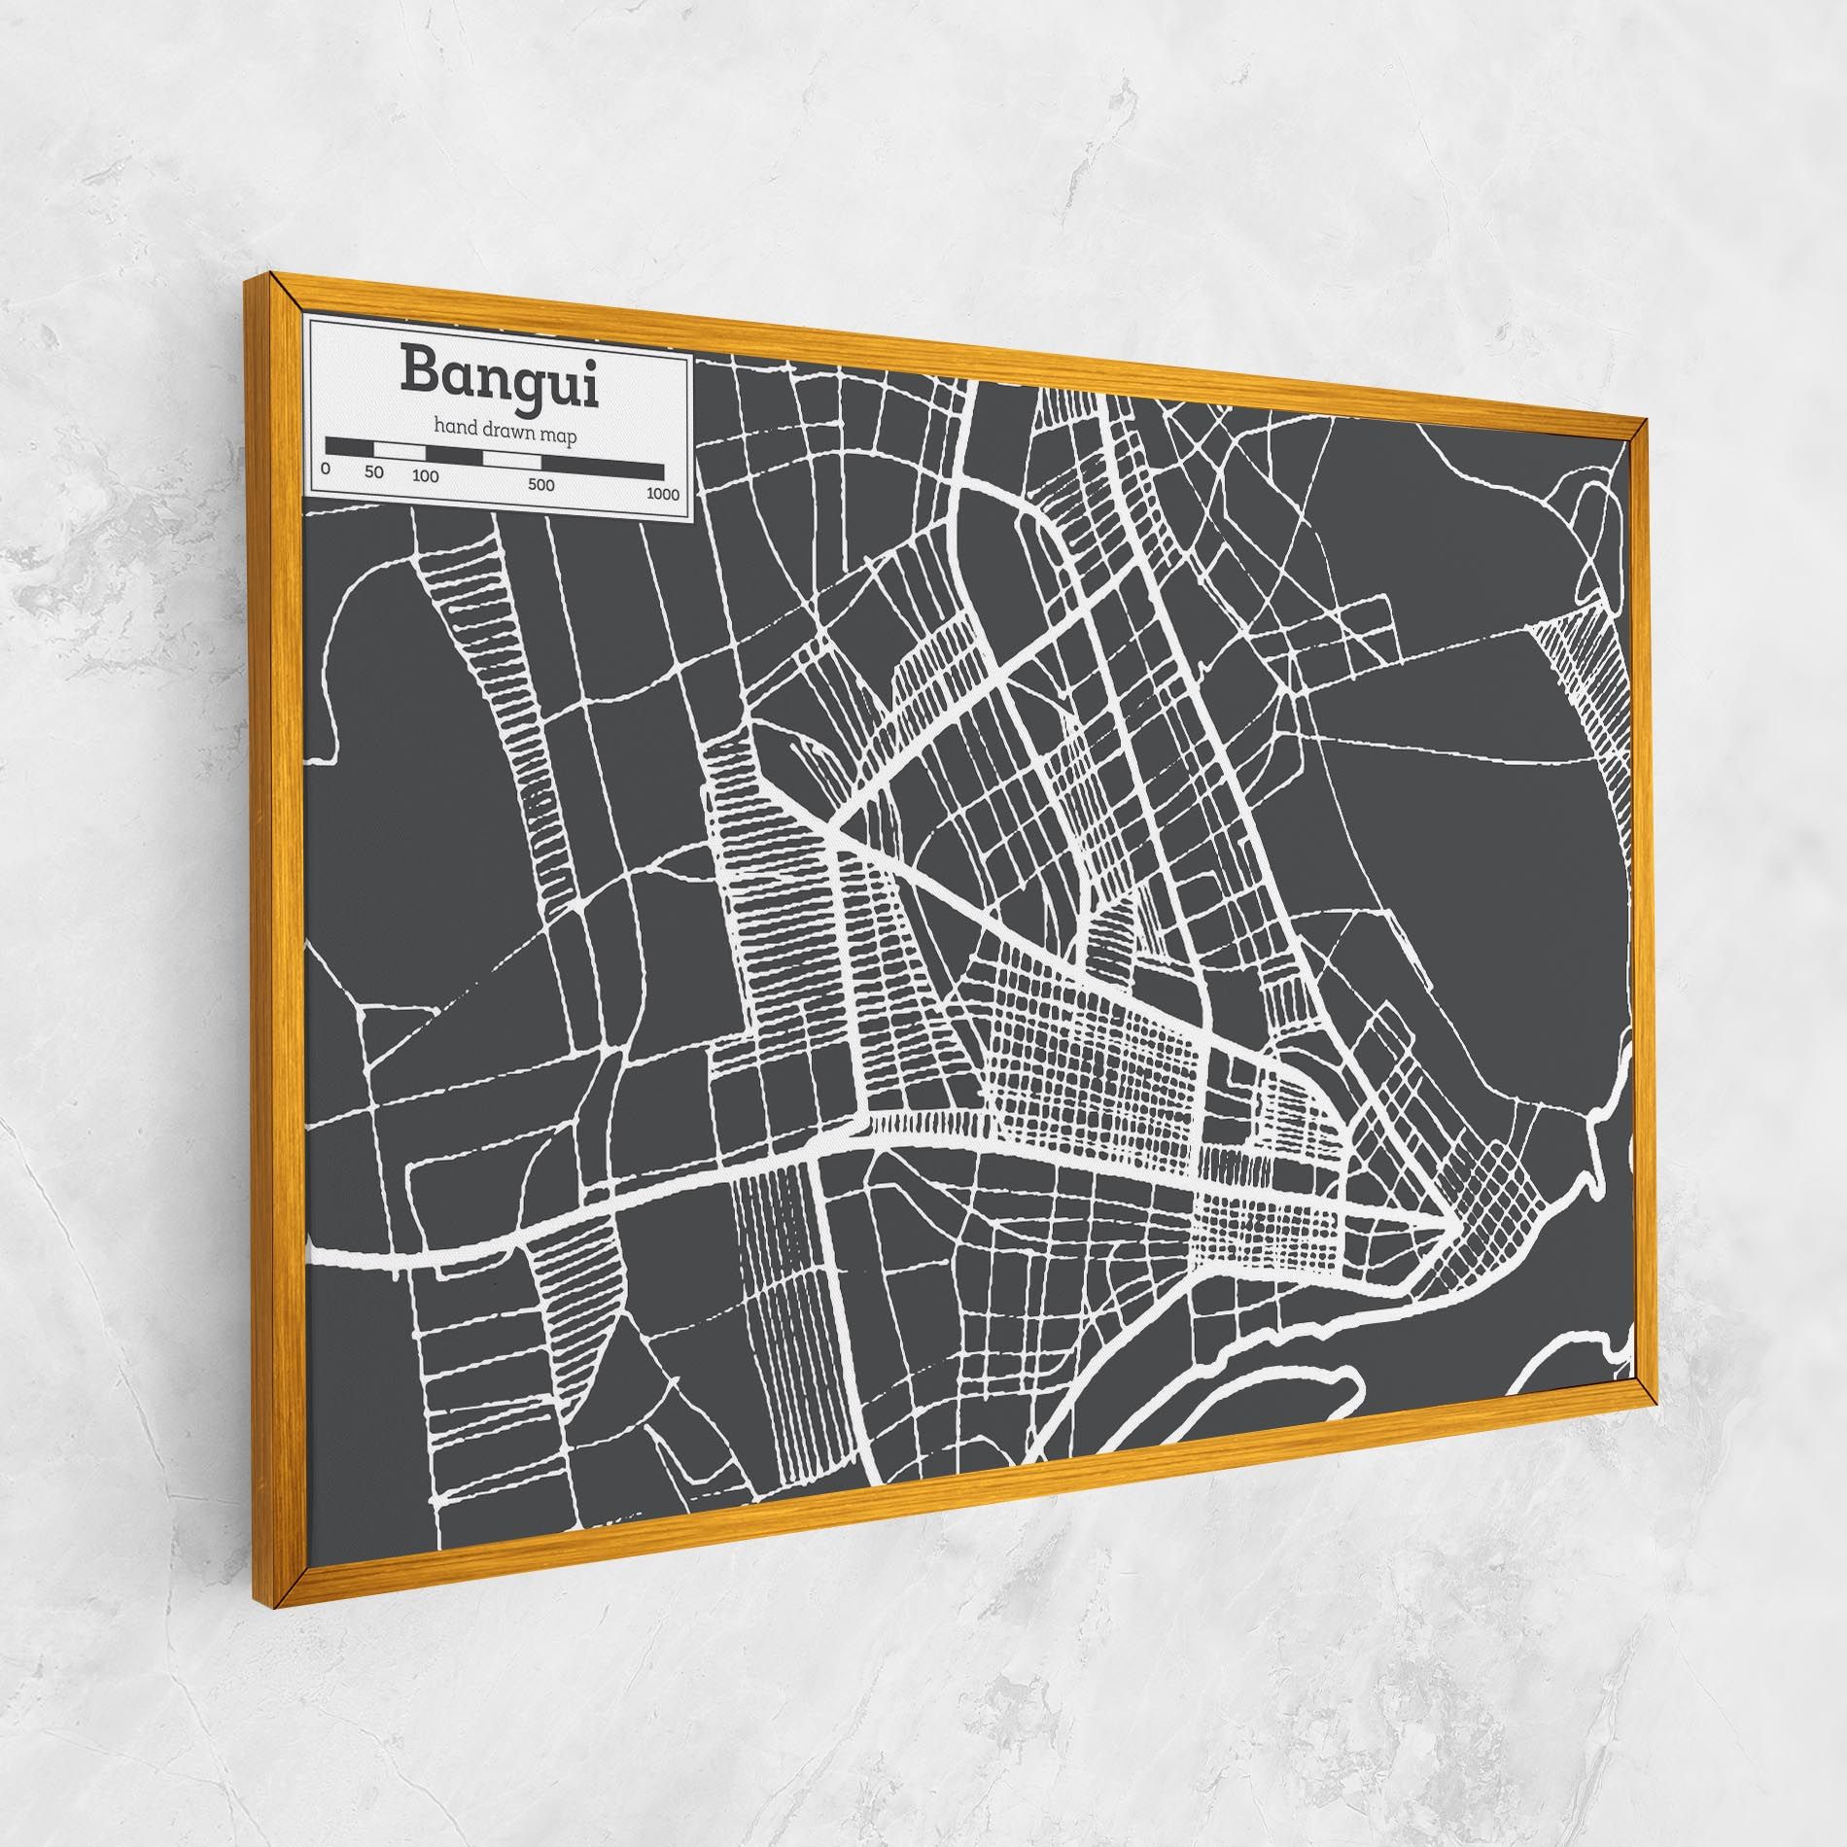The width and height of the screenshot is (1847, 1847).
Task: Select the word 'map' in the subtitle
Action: (x=561, y=436)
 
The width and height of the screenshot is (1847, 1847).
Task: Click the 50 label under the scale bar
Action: (x=374, y=473)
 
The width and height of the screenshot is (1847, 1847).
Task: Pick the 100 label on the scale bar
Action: (x=425, y=477)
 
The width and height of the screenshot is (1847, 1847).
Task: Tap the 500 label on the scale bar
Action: (x=541, y=485)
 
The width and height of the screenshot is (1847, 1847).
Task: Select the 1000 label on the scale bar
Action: (x=662, y=495)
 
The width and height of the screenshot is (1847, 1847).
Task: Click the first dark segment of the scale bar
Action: (x=351, y=448)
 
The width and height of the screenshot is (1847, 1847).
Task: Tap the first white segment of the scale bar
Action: (x=400, y=452)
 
